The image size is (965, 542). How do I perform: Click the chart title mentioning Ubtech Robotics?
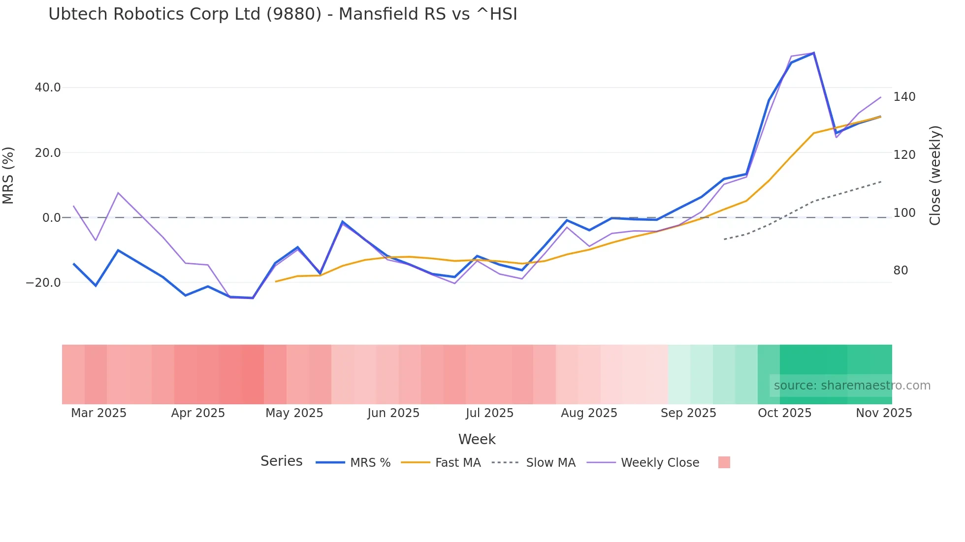pos(283,14)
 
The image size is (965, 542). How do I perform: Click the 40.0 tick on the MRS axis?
pos(48,88)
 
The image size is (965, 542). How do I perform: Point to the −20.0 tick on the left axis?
pos(43,283)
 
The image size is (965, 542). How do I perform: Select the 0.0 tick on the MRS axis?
pos(52,217)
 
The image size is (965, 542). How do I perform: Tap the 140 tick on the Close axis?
pos(904,97)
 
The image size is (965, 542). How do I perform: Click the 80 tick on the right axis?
pos(901,271)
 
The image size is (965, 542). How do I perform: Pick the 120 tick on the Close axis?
pos(904,155)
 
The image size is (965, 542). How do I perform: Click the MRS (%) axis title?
pos(8,176)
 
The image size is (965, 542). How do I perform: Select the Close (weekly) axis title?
pos(935,176)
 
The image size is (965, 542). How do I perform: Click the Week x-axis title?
pos(477,439)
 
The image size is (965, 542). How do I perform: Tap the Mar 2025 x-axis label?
pos(98,413)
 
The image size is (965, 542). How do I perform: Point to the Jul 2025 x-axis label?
pos(489,413)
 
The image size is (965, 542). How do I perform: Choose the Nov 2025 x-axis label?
pos(884,413)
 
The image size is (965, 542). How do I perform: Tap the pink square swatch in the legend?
pos(724,462)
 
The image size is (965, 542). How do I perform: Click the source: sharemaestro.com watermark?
pos(852,386)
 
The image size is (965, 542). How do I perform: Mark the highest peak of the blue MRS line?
pos(814,53)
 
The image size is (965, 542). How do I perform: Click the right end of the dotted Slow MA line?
pos(881,182)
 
